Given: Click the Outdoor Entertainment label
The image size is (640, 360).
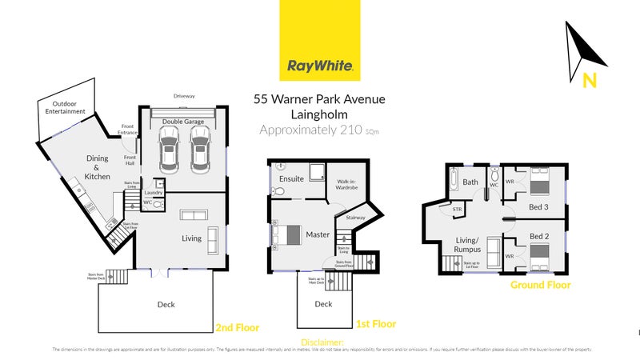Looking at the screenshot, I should (64, 108).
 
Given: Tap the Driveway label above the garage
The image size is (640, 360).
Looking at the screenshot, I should (184, 96).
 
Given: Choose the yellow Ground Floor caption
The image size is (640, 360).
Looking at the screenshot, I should (542, 283).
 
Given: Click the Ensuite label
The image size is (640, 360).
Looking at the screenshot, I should (292, 179).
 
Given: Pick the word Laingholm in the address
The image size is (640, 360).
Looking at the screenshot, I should (319, 114).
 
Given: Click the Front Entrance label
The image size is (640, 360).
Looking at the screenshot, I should (128, 128).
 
